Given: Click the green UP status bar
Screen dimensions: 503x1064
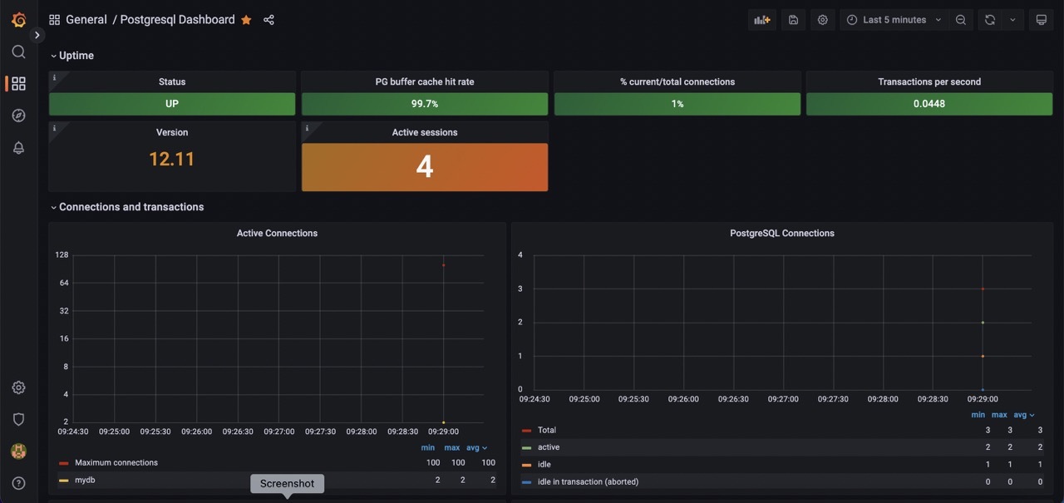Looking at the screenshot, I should coord(172,104).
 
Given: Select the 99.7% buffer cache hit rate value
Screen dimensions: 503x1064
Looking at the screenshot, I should coord(424,104).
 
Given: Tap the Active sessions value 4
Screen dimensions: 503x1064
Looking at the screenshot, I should coord(424,167).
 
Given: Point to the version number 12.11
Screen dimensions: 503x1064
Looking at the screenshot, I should coord(172,159).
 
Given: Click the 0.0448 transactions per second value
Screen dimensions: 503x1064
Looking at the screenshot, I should coord(929,104).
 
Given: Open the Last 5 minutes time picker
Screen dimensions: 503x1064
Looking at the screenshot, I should coord(894,20).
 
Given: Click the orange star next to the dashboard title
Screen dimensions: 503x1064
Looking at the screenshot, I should coord(246,20).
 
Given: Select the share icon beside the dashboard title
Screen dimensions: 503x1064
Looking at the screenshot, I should coord(268,20).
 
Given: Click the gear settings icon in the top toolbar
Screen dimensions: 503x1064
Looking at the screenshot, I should coord(822,20).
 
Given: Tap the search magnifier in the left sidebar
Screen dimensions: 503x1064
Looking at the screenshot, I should coord(18,52).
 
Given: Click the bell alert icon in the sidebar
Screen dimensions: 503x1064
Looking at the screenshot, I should coord(18,148).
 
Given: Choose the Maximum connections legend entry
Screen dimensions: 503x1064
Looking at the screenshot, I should coord(116,463).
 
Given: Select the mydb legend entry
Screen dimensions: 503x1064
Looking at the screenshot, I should coord(85,480).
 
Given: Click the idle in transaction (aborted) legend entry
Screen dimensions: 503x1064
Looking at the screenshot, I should coord(588,481).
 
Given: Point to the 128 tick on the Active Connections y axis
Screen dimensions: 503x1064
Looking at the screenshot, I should coord(62,254).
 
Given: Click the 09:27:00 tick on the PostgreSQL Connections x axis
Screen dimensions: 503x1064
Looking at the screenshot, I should coord(783,399).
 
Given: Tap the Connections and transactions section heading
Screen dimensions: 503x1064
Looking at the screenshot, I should coord(131,207).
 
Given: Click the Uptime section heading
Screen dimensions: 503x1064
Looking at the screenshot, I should coord(76,56).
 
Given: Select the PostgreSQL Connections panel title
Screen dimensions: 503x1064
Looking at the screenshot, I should coord(781,234).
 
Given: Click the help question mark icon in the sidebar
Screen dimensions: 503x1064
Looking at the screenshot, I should coord(18,483).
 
